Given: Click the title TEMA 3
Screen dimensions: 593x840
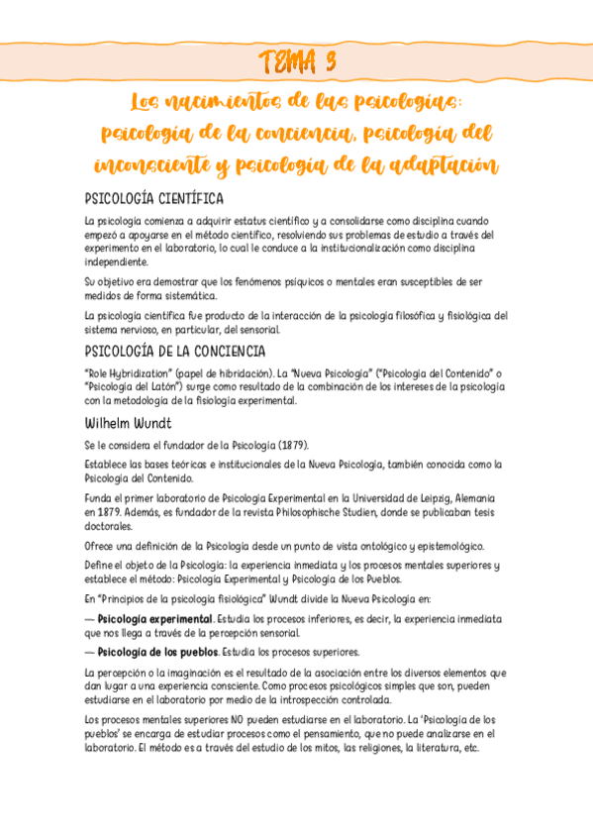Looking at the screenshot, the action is click(296, 61).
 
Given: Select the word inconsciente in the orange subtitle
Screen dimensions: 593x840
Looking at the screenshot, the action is click(158, 164).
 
